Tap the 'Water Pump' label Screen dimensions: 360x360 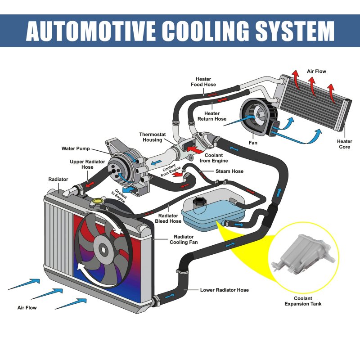pos(76,148)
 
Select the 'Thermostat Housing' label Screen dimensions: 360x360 pos(152,137)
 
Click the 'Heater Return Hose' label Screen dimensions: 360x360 pos(212,116)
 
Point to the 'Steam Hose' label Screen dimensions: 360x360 pos(229,171)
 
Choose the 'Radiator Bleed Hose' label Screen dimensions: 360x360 pos(168,218)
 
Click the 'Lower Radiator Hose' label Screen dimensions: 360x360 pos(224,290)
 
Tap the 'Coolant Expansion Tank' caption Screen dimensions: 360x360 pos(303,301)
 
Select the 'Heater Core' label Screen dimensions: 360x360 pos(344,144)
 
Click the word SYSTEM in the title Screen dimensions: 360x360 pos(295,31)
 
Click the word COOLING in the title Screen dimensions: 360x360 pos(206,31)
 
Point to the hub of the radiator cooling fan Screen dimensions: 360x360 pos(103,250)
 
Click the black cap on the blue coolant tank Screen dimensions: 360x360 pos(198,202)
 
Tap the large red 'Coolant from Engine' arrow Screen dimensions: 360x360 pos(195,150)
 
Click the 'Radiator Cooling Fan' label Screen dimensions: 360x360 pos(184,239)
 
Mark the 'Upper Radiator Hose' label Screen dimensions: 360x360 pos(87,164)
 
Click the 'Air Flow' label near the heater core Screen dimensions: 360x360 pos(316,72)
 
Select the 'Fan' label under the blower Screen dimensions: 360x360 pos(253,143)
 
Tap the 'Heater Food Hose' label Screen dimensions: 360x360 pos(203,82)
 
